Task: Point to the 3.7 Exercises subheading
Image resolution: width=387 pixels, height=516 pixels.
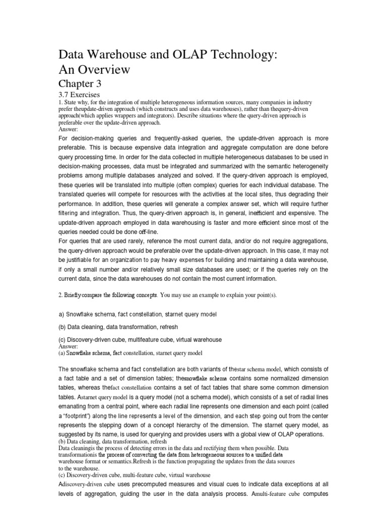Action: [80, 95]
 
